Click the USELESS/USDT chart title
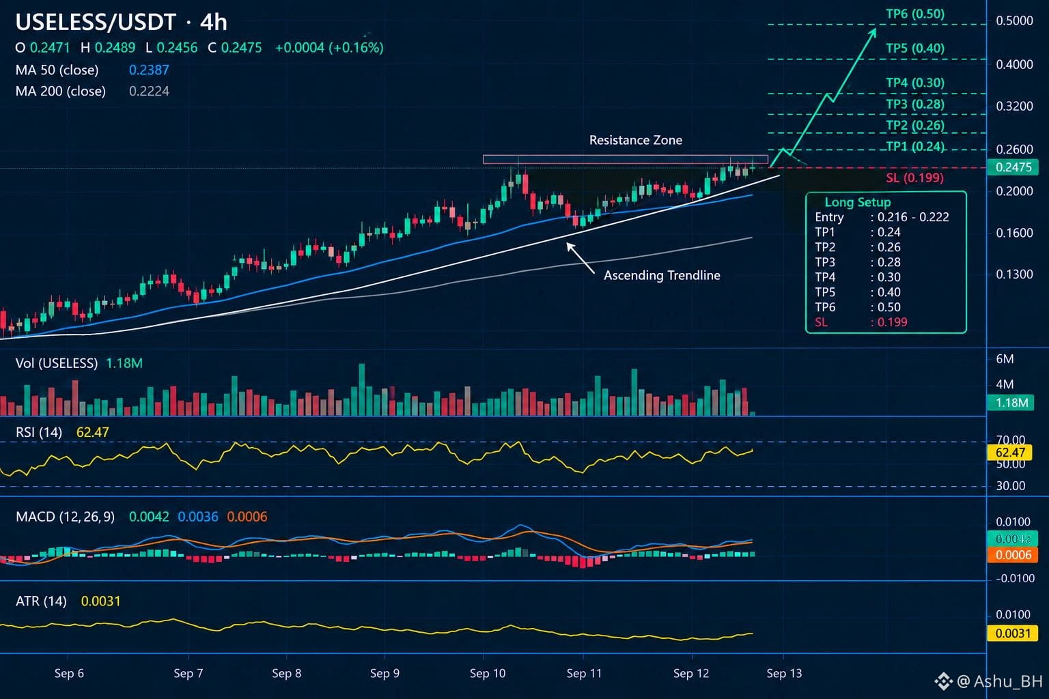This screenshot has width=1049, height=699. point(96,23)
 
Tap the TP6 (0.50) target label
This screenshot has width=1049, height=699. point(915,14)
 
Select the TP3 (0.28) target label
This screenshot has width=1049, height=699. point(915,104)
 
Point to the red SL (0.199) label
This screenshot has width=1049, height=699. point(914,178)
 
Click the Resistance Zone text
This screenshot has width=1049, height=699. point(636,140)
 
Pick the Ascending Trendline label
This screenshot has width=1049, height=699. point(662,275)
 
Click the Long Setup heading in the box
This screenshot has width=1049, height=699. point(858,202)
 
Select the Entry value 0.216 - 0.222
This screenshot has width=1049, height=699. point(913,217)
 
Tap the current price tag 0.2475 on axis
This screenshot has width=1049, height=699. point(1013,167)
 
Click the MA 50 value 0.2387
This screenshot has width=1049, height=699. point(149,70)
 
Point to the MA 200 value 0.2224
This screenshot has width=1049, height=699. point(149,91)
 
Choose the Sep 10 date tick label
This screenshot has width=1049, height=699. point(488,673)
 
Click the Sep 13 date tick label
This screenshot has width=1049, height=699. point(784,673)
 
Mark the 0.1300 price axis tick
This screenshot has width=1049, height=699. point(1014,274)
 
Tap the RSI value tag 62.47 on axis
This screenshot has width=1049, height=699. point(1010,453)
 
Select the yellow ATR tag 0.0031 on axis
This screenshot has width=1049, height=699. point(1012,633)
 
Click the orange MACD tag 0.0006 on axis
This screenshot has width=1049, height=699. point(1012,555)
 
